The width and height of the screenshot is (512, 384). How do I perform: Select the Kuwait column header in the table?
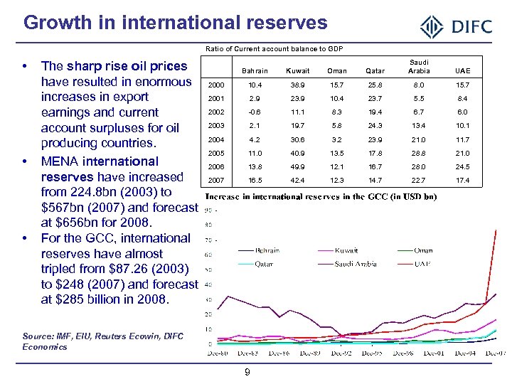tap(298, 70)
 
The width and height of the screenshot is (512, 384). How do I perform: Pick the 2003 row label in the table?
tap(215, 126)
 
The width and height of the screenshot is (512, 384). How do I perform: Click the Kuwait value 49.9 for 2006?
tap(298, 166)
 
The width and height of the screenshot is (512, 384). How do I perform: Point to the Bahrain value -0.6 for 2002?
tap(255, 112)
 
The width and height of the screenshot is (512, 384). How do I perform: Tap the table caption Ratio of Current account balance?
tap(274, 48)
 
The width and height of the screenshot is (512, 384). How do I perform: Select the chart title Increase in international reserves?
tap(321, 196)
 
